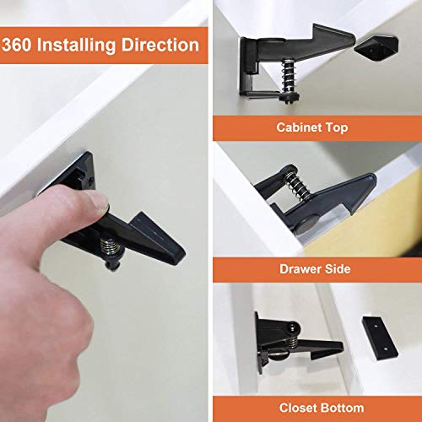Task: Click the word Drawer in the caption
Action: coord(300,269)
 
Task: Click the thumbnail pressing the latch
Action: coord(95,203)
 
